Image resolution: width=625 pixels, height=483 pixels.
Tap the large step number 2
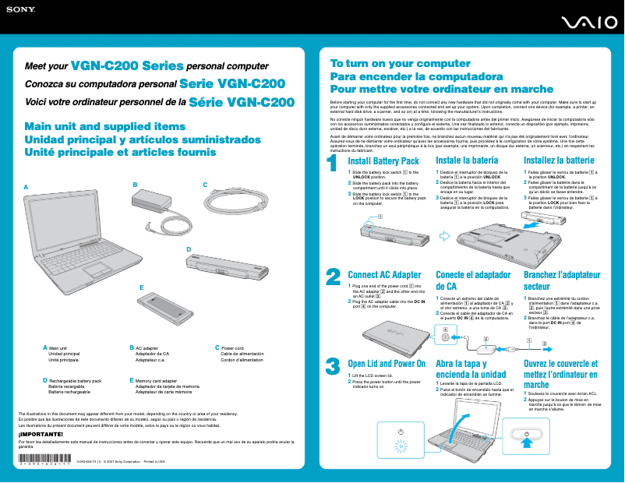click(333, 277)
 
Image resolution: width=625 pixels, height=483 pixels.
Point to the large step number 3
click(333, 366)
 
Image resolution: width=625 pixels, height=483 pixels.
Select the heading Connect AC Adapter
click(384, 275)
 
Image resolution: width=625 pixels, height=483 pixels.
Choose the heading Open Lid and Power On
click(387, 364)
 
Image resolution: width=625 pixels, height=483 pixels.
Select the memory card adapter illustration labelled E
click(164, 301)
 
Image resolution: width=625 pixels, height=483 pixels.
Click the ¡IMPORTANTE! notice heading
click(41, 433)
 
